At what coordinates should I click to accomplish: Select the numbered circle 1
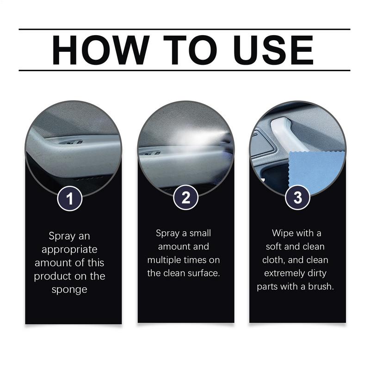pyautogui.click(x=70, y=199)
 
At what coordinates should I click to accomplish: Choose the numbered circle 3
pyautogui.click(x=298, y=198)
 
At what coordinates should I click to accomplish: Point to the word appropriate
pyautogui.click(x=70, y=250)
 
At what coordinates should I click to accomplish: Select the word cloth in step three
pyautogui.click(x=275, y=259)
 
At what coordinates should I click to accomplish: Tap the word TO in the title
pyautogui.click(x=185, y=50)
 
